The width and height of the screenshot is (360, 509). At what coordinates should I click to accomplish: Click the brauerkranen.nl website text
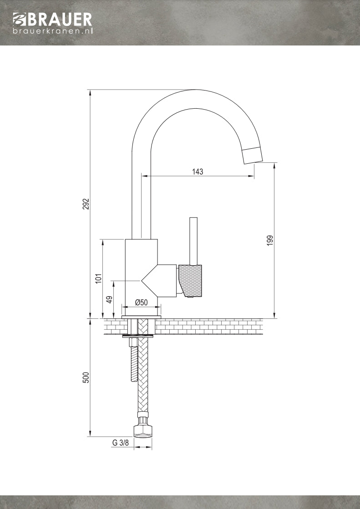[53, 31]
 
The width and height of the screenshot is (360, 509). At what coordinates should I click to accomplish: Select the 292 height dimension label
[85, 204]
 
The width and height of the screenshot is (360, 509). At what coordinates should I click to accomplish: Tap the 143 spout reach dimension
[198, 171]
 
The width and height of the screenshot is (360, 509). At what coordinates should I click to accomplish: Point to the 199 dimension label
[269, 241]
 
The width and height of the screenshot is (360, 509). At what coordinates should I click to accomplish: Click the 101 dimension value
[98, 278]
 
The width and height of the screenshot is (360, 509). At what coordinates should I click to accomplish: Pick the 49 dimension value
[109, 299]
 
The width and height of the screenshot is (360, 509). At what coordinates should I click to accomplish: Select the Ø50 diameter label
[141, 302]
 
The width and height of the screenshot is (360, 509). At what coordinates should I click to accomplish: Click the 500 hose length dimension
[85, 378]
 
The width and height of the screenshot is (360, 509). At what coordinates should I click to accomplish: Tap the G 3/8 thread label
[120, 443]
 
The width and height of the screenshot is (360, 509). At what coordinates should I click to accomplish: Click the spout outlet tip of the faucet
[253, 155]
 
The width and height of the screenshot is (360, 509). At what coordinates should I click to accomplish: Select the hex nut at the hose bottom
[142, 430]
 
